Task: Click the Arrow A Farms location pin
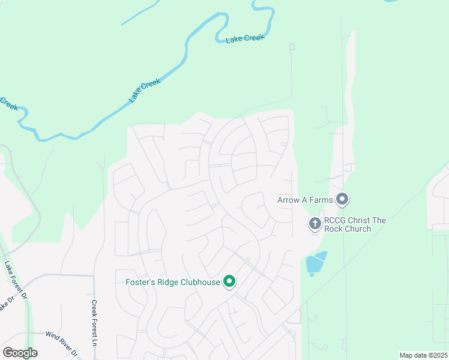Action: [343, 199]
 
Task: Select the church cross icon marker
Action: [315, 224]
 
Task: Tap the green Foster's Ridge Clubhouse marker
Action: [229, 281]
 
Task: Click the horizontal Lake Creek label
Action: [245, 39]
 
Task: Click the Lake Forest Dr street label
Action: [16, 279]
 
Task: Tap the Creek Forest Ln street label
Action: [94, 323]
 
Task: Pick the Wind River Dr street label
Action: [62, 343]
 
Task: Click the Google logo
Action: [20, 353]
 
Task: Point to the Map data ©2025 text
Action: [423, 355]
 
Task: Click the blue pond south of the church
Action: [315, 263]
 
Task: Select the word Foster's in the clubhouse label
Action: [140, 281]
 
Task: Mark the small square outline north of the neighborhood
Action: [292, 47]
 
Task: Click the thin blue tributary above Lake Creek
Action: [140, 12]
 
